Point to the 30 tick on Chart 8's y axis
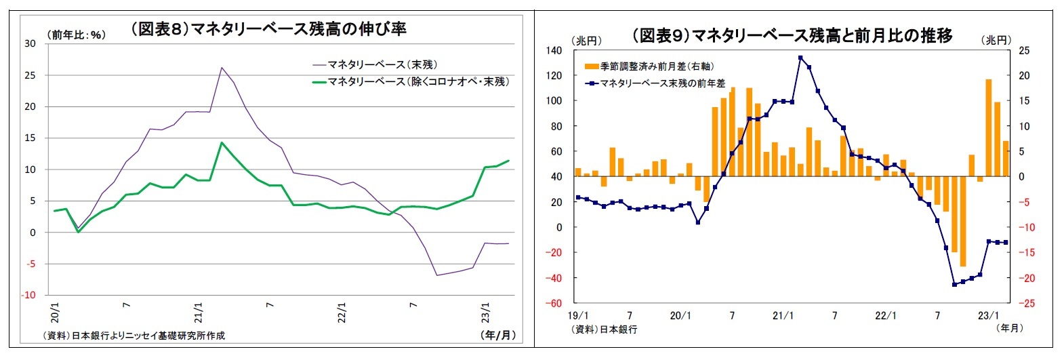(x=30, y=43)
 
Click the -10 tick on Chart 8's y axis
(x=28, y=295)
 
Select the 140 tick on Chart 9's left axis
(x=554, y=51)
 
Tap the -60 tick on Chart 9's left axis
(x=555, y=303)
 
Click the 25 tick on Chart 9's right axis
(x=1023, y=51)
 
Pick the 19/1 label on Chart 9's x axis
(x=578, y=316)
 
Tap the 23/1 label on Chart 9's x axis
(x=989, y=316)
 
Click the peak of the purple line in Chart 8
(x=222, y=67)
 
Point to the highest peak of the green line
(x=222, y=142)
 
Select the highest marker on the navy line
(x=800, y=58)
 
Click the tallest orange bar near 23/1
(x=989, y=128)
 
